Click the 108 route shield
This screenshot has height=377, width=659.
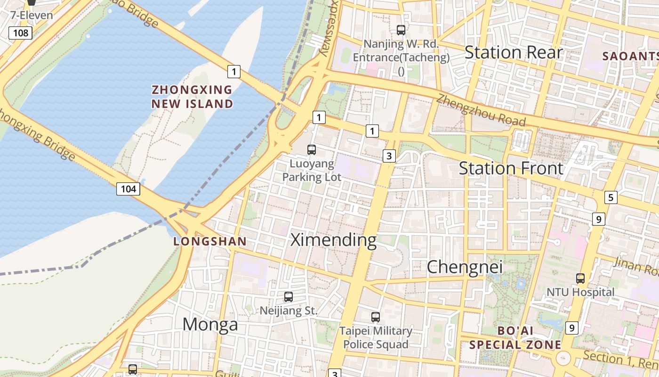(21, 33)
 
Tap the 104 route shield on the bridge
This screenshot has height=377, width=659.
(128, 189)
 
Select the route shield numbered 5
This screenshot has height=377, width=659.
(611, 197)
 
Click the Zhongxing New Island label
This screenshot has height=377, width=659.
(192, 97)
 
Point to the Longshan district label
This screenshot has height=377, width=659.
(210, 242)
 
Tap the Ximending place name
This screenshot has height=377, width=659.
(333, 240)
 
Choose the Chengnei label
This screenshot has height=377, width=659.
(465, 267)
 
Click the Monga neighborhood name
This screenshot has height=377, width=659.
(210, 324)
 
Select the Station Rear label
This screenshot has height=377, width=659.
(514, 52)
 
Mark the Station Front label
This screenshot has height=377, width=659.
(511, 168)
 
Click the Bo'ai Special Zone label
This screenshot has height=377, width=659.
(515, 337)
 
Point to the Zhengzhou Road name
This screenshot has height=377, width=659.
(481, 110)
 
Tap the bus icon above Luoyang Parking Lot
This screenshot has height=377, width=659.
(312, 150)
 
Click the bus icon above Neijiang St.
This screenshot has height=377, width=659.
(289, 297)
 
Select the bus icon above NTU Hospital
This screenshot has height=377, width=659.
(580, 278)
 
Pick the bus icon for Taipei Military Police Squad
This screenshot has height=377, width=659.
(376, 317)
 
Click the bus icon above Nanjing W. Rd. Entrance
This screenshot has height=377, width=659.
(401, 30)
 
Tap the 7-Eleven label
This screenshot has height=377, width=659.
(32, 15)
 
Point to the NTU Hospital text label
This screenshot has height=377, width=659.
(580, 292)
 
